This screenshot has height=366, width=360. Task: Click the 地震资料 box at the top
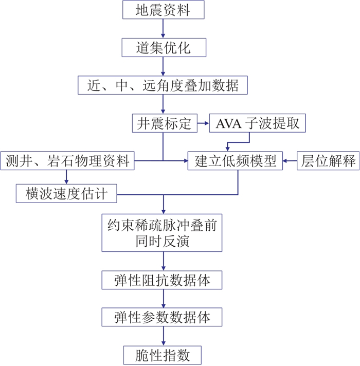click(x=163, y=10)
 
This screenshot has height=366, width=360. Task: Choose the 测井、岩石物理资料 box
click(x=67, y=161)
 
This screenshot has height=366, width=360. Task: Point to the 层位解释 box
click(x=328, y=161)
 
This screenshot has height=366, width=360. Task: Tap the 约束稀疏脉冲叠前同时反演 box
click(x=163, y=232)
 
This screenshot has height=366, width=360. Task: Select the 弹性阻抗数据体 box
click(x=163, y=280)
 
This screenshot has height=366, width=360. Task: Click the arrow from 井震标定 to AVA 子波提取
click(x=203, y=123)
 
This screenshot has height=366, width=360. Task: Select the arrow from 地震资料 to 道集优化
click(x=163, y=29)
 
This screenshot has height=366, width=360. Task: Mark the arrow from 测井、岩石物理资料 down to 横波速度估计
click(x=67, y=177)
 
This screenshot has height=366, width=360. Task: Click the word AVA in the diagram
click(x=229, y=123)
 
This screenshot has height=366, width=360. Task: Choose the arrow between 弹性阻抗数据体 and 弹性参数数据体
click(x=163, y=299)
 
